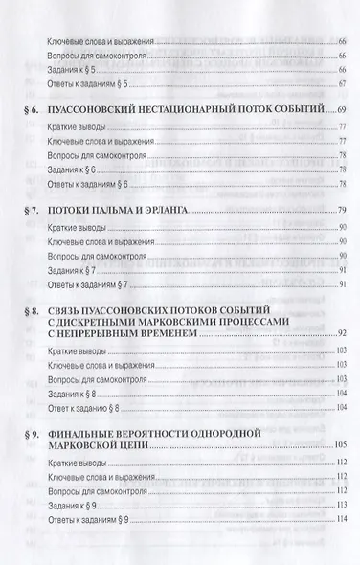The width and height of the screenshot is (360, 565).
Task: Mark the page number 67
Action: pos(340,83)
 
